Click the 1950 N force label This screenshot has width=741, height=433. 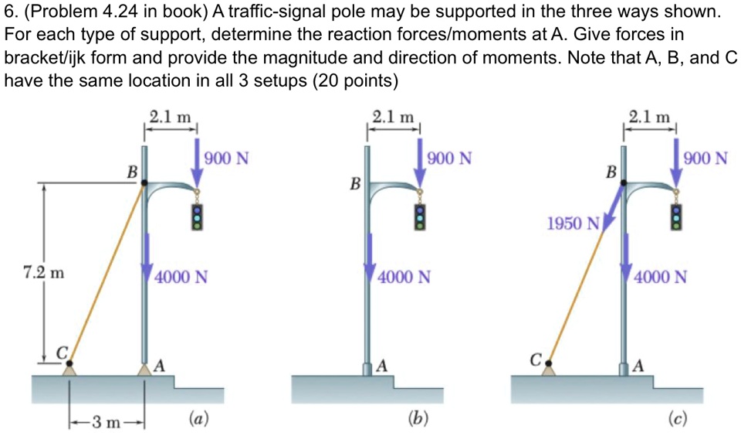click(572, 224)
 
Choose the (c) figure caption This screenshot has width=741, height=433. click(678, 419)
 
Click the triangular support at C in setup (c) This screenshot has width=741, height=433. click(550, 369)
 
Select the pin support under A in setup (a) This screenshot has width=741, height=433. click(144, 370)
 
